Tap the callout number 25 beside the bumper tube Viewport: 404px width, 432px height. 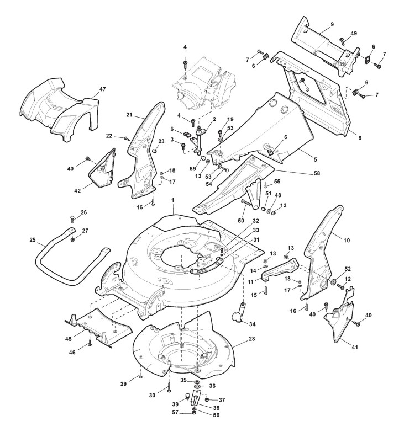[33, 240]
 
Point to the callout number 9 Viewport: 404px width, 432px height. [333, 25]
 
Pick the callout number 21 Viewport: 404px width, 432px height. [129, 115]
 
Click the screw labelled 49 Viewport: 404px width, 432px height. [342, 40]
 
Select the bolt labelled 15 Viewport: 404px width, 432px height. [265, 289]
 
